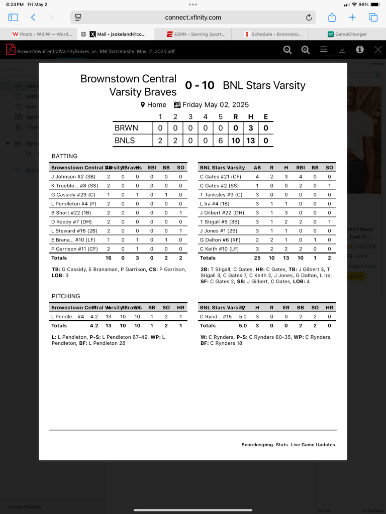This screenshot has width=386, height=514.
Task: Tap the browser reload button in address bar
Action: click(309, 18)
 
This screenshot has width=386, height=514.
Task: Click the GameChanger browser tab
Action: click(347, 34)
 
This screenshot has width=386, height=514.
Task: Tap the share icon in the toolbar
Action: click(332, 18)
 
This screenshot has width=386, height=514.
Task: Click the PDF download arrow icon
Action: click(342, 50)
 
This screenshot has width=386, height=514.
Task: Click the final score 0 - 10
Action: click(200, 85)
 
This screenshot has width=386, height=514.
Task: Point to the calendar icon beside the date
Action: click(177, 105)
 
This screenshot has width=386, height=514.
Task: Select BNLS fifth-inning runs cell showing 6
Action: click(220, 141)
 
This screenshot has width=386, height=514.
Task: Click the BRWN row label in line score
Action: click(126, 128)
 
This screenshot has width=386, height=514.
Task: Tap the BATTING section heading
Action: click(64, 156)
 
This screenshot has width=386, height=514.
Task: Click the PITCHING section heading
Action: click(66, 296)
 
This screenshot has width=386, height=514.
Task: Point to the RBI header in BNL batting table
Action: click(301, 168)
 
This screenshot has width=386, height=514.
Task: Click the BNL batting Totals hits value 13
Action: click(286, 258)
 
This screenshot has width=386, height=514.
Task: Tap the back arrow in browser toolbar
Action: click(33, 18)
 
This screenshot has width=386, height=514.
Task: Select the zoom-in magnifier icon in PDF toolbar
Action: click(306, 50)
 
